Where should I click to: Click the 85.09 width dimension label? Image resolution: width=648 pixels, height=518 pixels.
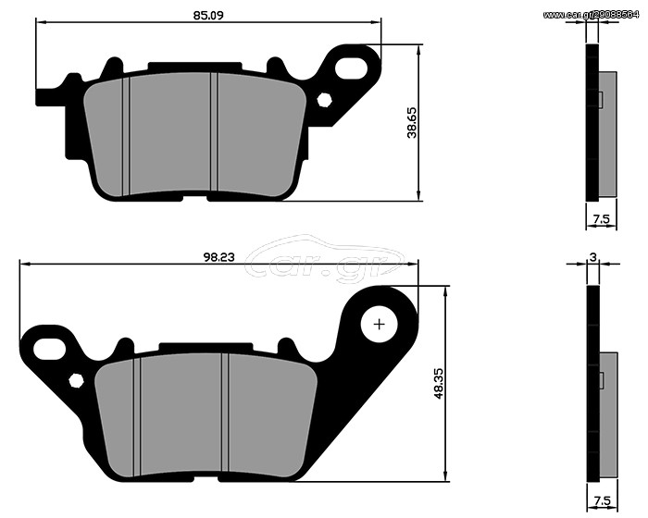click(208, 16)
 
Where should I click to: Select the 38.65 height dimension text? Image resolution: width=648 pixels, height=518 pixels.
click(413, 122)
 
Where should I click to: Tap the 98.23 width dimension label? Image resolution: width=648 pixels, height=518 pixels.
click(218, 257)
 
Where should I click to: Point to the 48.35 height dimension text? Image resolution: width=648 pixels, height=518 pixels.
click(439, 384)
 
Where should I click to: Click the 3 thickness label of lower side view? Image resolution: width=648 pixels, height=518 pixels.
click(593, 257)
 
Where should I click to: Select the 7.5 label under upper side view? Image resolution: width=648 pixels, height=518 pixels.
click(602, 219)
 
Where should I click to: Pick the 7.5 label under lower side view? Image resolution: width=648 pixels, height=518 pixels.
click(602, 501)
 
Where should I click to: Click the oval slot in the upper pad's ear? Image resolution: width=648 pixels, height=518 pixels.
click(351, 68)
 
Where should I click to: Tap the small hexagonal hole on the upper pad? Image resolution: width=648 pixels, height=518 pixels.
click(324, 101)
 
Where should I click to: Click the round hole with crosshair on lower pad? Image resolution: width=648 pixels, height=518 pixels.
click(379, 325)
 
